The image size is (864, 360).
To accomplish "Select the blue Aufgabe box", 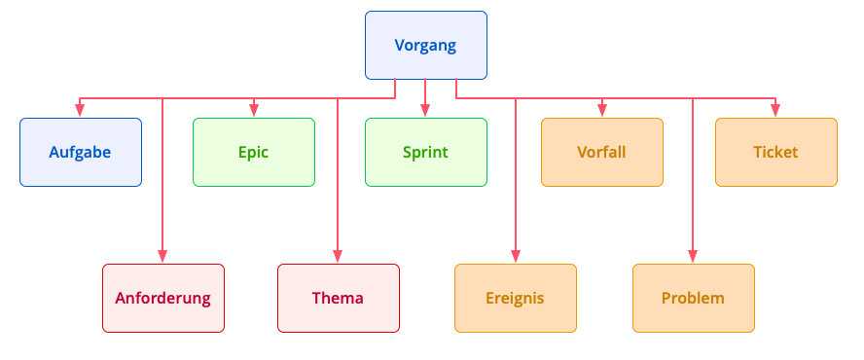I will tap(81, 153).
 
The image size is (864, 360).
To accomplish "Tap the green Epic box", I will tap(253, 153).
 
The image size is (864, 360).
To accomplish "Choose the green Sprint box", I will tap(425, 153).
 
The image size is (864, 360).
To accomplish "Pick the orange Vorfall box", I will tap(601, 153).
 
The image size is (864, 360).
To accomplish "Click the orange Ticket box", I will tap(775, 153).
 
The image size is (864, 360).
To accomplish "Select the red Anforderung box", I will tap(162, 298).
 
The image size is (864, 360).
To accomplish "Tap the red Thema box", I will tap(338, 298).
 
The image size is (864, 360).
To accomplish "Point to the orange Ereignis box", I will tap(515, 298).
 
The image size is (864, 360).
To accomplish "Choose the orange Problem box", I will tap(693, 298).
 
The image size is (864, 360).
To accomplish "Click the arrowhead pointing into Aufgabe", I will tap(81, 112).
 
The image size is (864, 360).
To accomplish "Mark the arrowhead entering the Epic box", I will tap(253, 112).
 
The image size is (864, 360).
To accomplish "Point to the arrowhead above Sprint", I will tap(425, 112).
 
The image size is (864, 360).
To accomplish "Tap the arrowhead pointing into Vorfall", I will tap(601, 112).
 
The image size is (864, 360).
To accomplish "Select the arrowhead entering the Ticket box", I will tap(775, 112).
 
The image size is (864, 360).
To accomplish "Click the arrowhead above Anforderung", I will tap(162, 257).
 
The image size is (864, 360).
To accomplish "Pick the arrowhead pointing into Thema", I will tap(338, 257).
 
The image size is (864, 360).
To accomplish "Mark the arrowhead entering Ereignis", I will tap(515, 257).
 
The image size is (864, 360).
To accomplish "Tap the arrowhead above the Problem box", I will tap(693, 257).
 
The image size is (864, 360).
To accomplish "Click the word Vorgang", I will tap(425, 46).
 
